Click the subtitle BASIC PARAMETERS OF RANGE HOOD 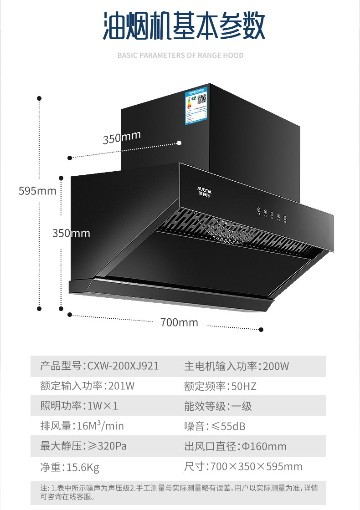tap(180, 56)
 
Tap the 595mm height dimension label tap(37, 190)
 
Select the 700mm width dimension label tap(179, 322)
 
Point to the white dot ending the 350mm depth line tap(179, 143)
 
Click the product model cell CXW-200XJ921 tap(99, 366)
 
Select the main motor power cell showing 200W tap(237, 366)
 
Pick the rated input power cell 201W tap(87, 386)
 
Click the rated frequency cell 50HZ tap(220, 386)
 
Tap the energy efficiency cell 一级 tap(218, 406)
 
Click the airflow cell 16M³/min tap(82, 426)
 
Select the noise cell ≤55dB tap(215, 426)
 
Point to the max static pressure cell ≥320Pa tap(83, 446)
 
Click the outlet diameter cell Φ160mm tap(235, 446)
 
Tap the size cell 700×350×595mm tap(243, 467)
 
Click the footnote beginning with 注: tap(179, 492)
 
